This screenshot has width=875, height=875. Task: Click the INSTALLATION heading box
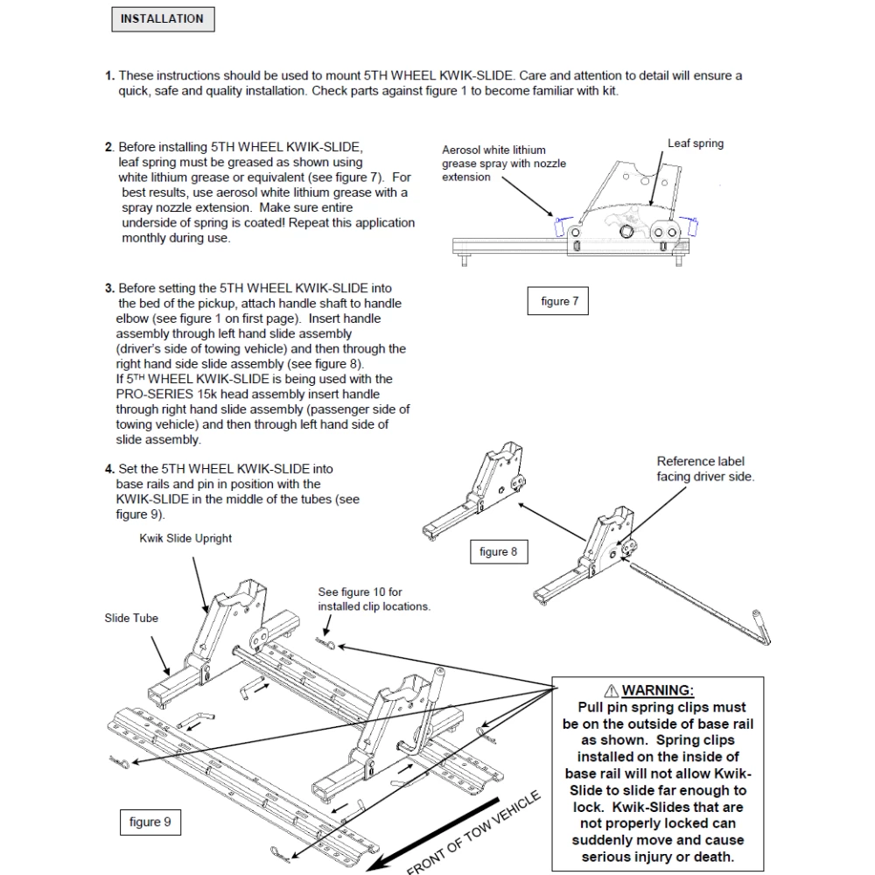162,18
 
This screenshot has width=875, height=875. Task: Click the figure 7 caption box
560,302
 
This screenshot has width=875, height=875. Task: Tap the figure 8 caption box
499,552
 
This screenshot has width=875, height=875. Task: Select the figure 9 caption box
150,822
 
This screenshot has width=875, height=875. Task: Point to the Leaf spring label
696,143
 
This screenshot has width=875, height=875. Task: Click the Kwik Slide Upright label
185,538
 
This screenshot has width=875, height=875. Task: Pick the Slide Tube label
131,619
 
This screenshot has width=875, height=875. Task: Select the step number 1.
109,76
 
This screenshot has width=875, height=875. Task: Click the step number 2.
109,147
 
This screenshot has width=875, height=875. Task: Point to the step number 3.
109,288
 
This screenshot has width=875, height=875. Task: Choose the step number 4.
109,469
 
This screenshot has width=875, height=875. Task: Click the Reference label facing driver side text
705,469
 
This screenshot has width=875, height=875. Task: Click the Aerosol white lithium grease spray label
504,164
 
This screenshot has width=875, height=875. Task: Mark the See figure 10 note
374,599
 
